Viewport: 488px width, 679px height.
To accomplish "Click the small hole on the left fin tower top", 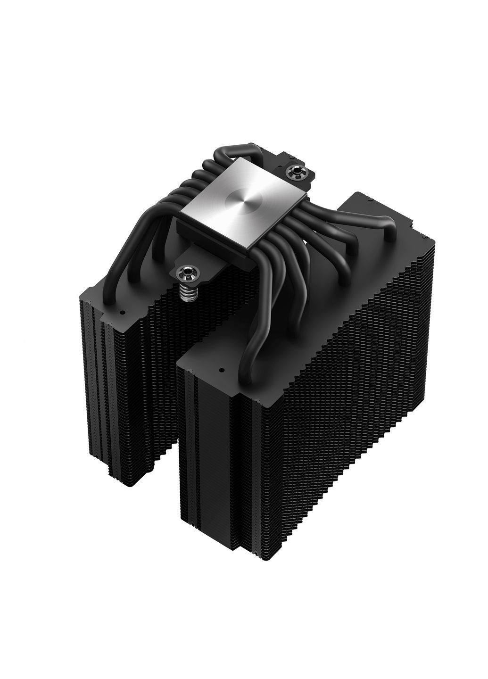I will coord(122,312).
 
